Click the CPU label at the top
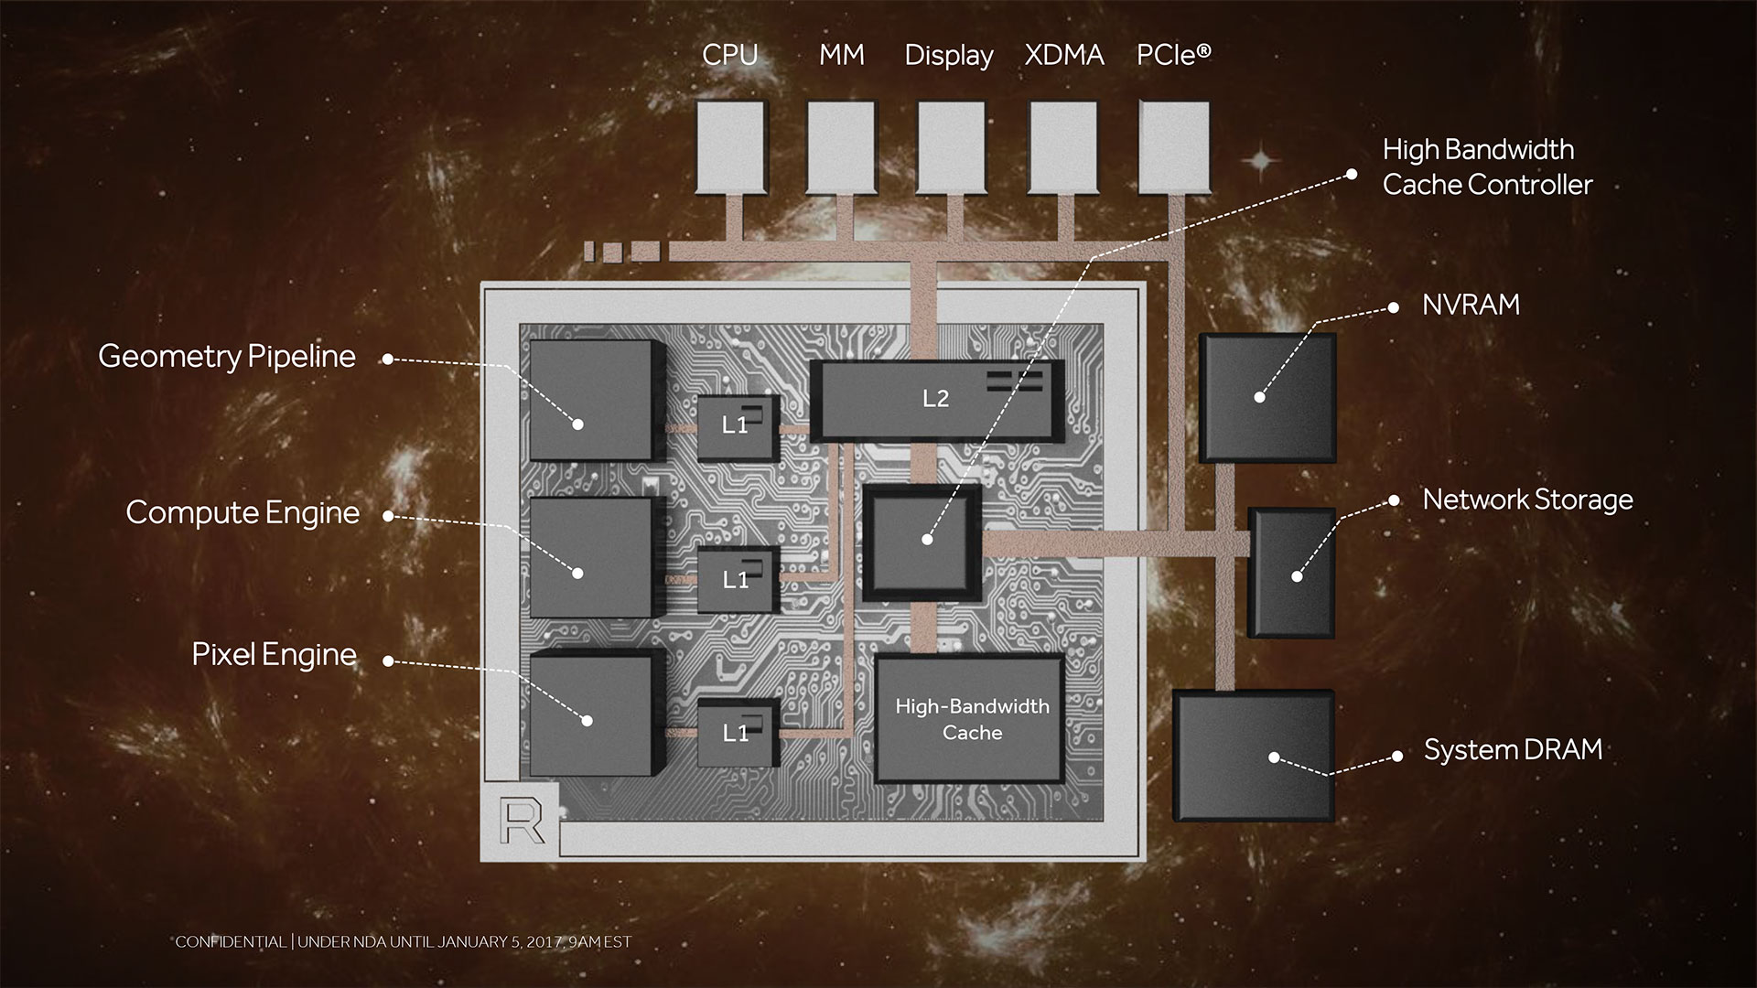coord(729,55)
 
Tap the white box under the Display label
coord(952,147)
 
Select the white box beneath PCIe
coord(1174,147)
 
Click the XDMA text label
coord(1064,55)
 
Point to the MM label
coord(842,55)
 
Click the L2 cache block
coord(937,400)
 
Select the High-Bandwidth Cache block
coord(971,719)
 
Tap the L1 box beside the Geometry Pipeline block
coord(738,427)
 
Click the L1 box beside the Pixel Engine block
coord(738,733)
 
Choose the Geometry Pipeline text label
coord(227,357)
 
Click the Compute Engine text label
coord(243,513)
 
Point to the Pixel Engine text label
coord(275,655)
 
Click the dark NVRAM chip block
coord(1267,398)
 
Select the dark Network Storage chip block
coord(1292,573)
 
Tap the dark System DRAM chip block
coord(1254,756)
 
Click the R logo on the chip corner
coord(522,821)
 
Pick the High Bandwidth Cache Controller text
coord(1488,167)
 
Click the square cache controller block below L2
coord(922,543)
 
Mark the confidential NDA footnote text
coord(404,941)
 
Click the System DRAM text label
coord(1514,750)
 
